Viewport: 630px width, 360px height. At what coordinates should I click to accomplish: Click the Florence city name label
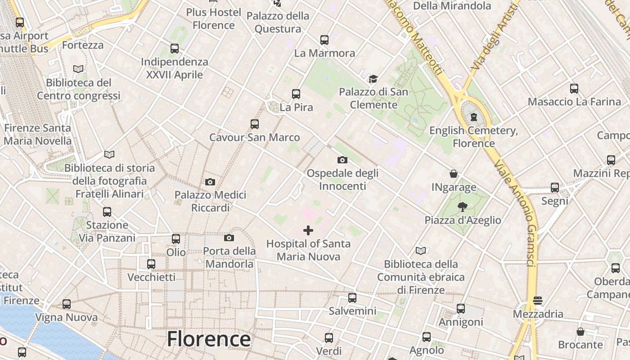click(209, 339)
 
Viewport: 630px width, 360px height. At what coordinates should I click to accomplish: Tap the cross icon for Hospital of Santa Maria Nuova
click(308, 231)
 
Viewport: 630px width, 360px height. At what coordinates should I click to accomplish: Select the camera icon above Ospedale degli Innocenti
click(342, 160)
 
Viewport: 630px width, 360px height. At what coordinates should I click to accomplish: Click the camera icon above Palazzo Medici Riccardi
click(210, 182)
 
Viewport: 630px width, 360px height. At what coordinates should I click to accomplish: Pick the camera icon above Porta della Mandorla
click(229, 238)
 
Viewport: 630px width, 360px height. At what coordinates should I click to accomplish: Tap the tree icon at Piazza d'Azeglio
click(462, 207)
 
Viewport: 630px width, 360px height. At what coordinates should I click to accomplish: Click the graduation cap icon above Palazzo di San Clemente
click(373, 79)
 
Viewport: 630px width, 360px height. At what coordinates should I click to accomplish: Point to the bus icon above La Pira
click(296, 94)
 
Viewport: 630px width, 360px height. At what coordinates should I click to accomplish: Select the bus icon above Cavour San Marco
click(255, 124)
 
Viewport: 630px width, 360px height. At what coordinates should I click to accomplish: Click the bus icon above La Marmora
click(324, 40)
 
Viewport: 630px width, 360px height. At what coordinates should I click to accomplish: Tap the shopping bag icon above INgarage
click(454, 174)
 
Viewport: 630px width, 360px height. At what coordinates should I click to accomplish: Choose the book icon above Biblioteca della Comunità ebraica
click(421, 251)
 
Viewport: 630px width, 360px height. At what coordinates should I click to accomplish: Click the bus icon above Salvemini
click(352, 298)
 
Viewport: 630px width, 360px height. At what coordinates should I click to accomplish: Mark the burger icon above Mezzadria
click(538, 301)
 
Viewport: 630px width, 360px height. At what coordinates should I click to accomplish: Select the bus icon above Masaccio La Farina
click(574, 89)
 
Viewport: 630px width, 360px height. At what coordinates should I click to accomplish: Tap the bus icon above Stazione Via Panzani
click(107, 212)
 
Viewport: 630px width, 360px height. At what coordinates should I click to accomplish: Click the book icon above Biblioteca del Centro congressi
click(78, 69)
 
